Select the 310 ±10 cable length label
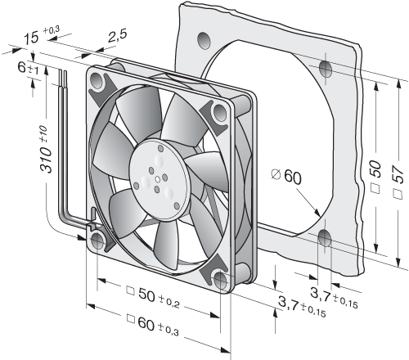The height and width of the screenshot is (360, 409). pyautogui.click(x=45, y=150)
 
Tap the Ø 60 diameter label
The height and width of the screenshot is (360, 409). pyautogui.click(x=286, y=177)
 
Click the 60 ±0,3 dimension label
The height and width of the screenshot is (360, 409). pyautogui.click(x=153, y=326)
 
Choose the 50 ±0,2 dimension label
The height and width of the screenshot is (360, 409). pyautogui.click(x=153, y=297)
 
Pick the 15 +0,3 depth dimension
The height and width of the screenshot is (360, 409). pyautogui.click(x=42, y=35)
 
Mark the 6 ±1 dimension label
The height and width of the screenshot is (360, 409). pyautogui.click(x=29, y=68)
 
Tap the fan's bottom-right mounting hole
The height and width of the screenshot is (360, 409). pyautogui.click(x=220, y=281)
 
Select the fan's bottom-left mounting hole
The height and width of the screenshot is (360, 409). pyautogui.click(x=97, y=241)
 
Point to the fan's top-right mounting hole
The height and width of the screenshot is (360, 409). pyautogui.click(x=219, y=112)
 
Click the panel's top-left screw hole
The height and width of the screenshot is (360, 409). pyautogui.click(x=204, y=41)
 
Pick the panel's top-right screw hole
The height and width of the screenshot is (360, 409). pyautogui.click(x=326, y=69)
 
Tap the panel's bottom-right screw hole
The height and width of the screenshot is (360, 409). pyautogui.click(x=325, y=238)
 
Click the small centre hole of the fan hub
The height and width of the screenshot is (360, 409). pyautogui.click(x=158, y=180)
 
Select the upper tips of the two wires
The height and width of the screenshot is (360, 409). pyautogui.click(x=62, y=71)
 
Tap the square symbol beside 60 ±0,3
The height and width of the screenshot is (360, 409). pyautogui.click(x=131, y=319)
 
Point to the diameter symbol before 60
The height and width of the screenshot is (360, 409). pyautogui.click(x=276, y=174)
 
